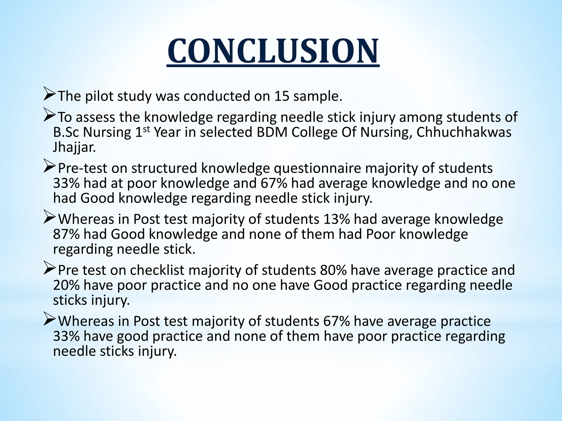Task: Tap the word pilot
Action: [99, 96]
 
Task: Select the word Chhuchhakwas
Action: [464, 132]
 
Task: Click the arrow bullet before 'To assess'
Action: [50, 117]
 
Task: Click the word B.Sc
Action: [66, 132]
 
